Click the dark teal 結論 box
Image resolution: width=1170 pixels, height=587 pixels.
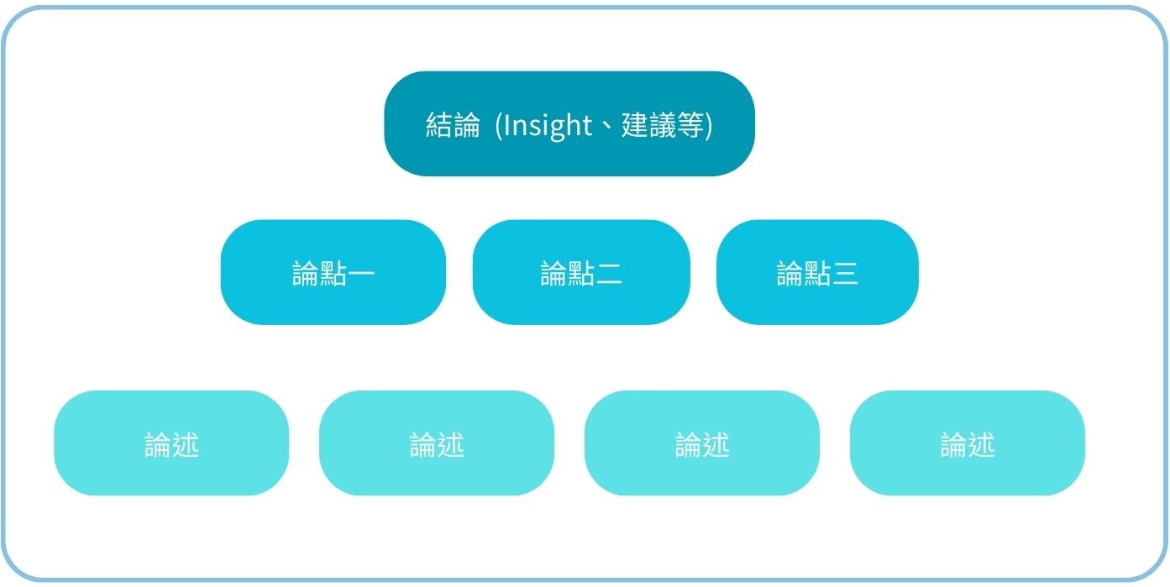click(569, 123)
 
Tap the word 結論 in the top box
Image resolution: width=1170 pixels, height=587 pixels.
click(453, 125)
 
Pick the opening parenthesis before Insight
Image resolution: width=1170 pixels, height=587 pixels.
click(499, 126)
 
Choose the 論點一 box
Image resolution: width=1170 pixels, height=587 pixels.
click(333, 272)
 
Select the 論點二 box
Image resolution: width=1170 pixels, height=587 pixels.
click(581, 272)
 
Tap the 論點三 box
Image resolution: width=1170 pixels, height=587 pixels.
click(817, 272)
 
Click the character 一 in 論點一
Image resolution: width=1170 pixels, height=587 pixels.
click(361, 274)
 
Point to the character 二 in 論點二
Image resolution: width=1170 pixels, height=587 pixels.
click(609, 274)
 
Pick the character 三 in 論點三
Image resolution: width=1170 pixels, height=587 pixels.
click(845, 274)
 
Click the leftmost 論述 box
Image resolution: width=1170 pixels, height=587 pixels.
click(171, 443)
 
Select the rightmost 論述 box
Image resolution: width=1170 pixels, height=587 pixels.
click(968, 443)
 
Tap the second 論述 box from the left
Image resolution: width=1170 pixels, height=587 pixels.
click(437, 443)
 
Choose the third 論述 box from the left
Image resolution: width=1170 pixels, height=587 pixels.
click(702, 443)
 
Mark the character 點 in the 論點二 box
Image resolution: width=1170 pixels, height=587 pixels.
click(581, 274)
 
